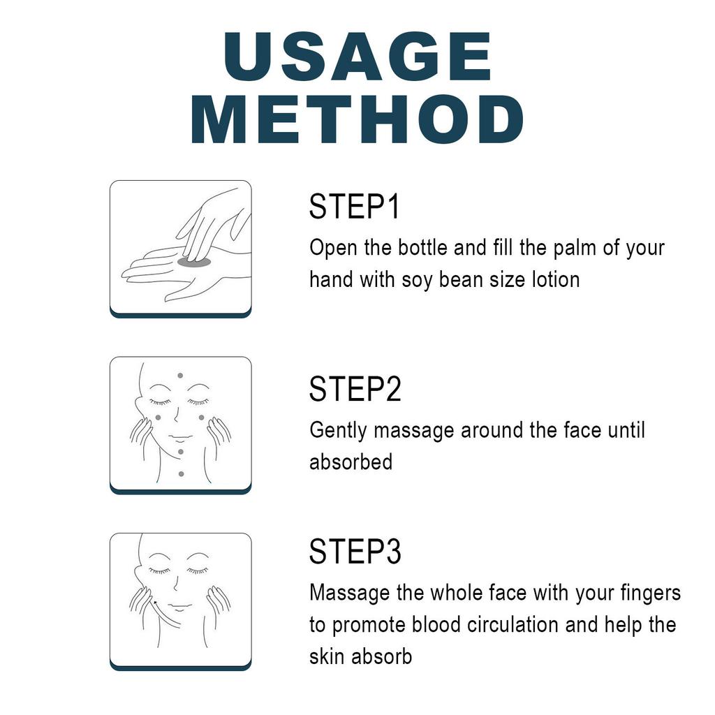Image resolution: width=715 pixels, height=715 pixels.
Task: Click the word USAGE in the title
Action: point(357,57)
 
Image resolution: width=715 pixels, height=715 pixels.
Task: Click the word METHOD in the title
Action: point(357,120)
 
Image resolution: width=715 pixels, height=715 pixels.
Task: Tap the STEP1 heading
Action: point(354,207)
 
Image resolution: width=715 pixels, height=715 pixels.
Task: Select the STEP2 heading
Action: point(355,389)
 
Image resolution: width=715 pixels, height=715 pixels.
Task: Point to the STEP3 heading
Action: point(355,552)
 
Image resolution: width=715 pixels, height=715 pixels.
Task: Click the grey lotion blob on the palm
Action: point(194,263)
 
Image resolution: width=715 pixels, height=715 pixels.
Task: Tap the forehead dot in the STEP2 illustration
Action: point(181,376)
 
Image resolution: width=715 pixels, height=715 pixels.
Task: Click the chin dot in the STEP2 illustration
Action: point(181,452)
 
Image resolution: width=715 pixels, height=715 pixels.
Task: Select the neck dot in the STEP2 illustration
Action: point(182,474)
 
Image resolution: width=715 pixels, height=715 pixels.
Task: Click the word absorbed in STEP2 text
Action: point(351,462)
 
